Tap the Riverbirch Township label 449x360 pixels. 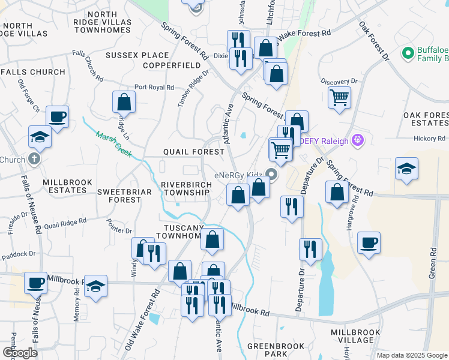185,188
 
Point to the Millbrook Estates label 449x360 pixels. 65,185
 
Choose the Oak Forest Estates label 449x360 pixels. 426,119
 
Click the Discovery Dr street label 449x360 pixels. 339,81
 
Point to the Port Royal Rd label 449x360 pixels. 154,87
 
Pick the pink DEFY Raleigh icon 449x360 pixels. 358,140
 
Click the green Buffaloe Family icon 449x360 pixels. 408,53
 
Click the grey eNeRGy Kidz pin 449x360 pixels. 271,175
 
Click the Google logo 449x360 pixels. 20,353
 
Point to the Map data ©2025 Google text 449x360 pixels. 412,355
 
